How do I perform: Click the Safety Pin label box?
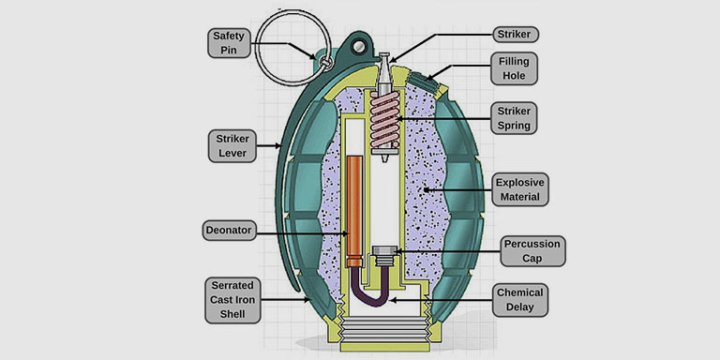click(x=229, y=43)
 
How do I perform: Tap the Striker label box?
click(x=516, y=35)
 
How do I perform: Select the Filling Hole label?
click(x=514, y=68)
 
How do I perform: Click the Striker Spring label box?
click(x=514, y=118)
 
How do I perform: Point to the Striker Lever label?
click(x=232, y=145)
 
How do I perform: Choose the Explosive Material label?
click(x=519, y=189)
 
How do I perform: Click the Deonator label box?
click(x=229, y=230)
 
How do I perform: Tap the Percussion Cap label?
click(x=532, y=250)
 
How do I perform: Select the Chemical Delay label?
click(x=519, y=300)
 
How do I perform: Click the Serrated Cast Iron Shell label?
click(x=232, y=300)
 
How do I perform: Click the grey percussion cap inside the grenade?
click(x=384, y=256)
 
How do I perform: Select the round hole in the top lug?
click(x=360, y=46)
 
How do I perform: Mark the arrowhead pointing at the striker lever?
click(x=277, y=146)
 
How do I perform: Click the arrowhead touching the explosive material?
click(x=427, y=189)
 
